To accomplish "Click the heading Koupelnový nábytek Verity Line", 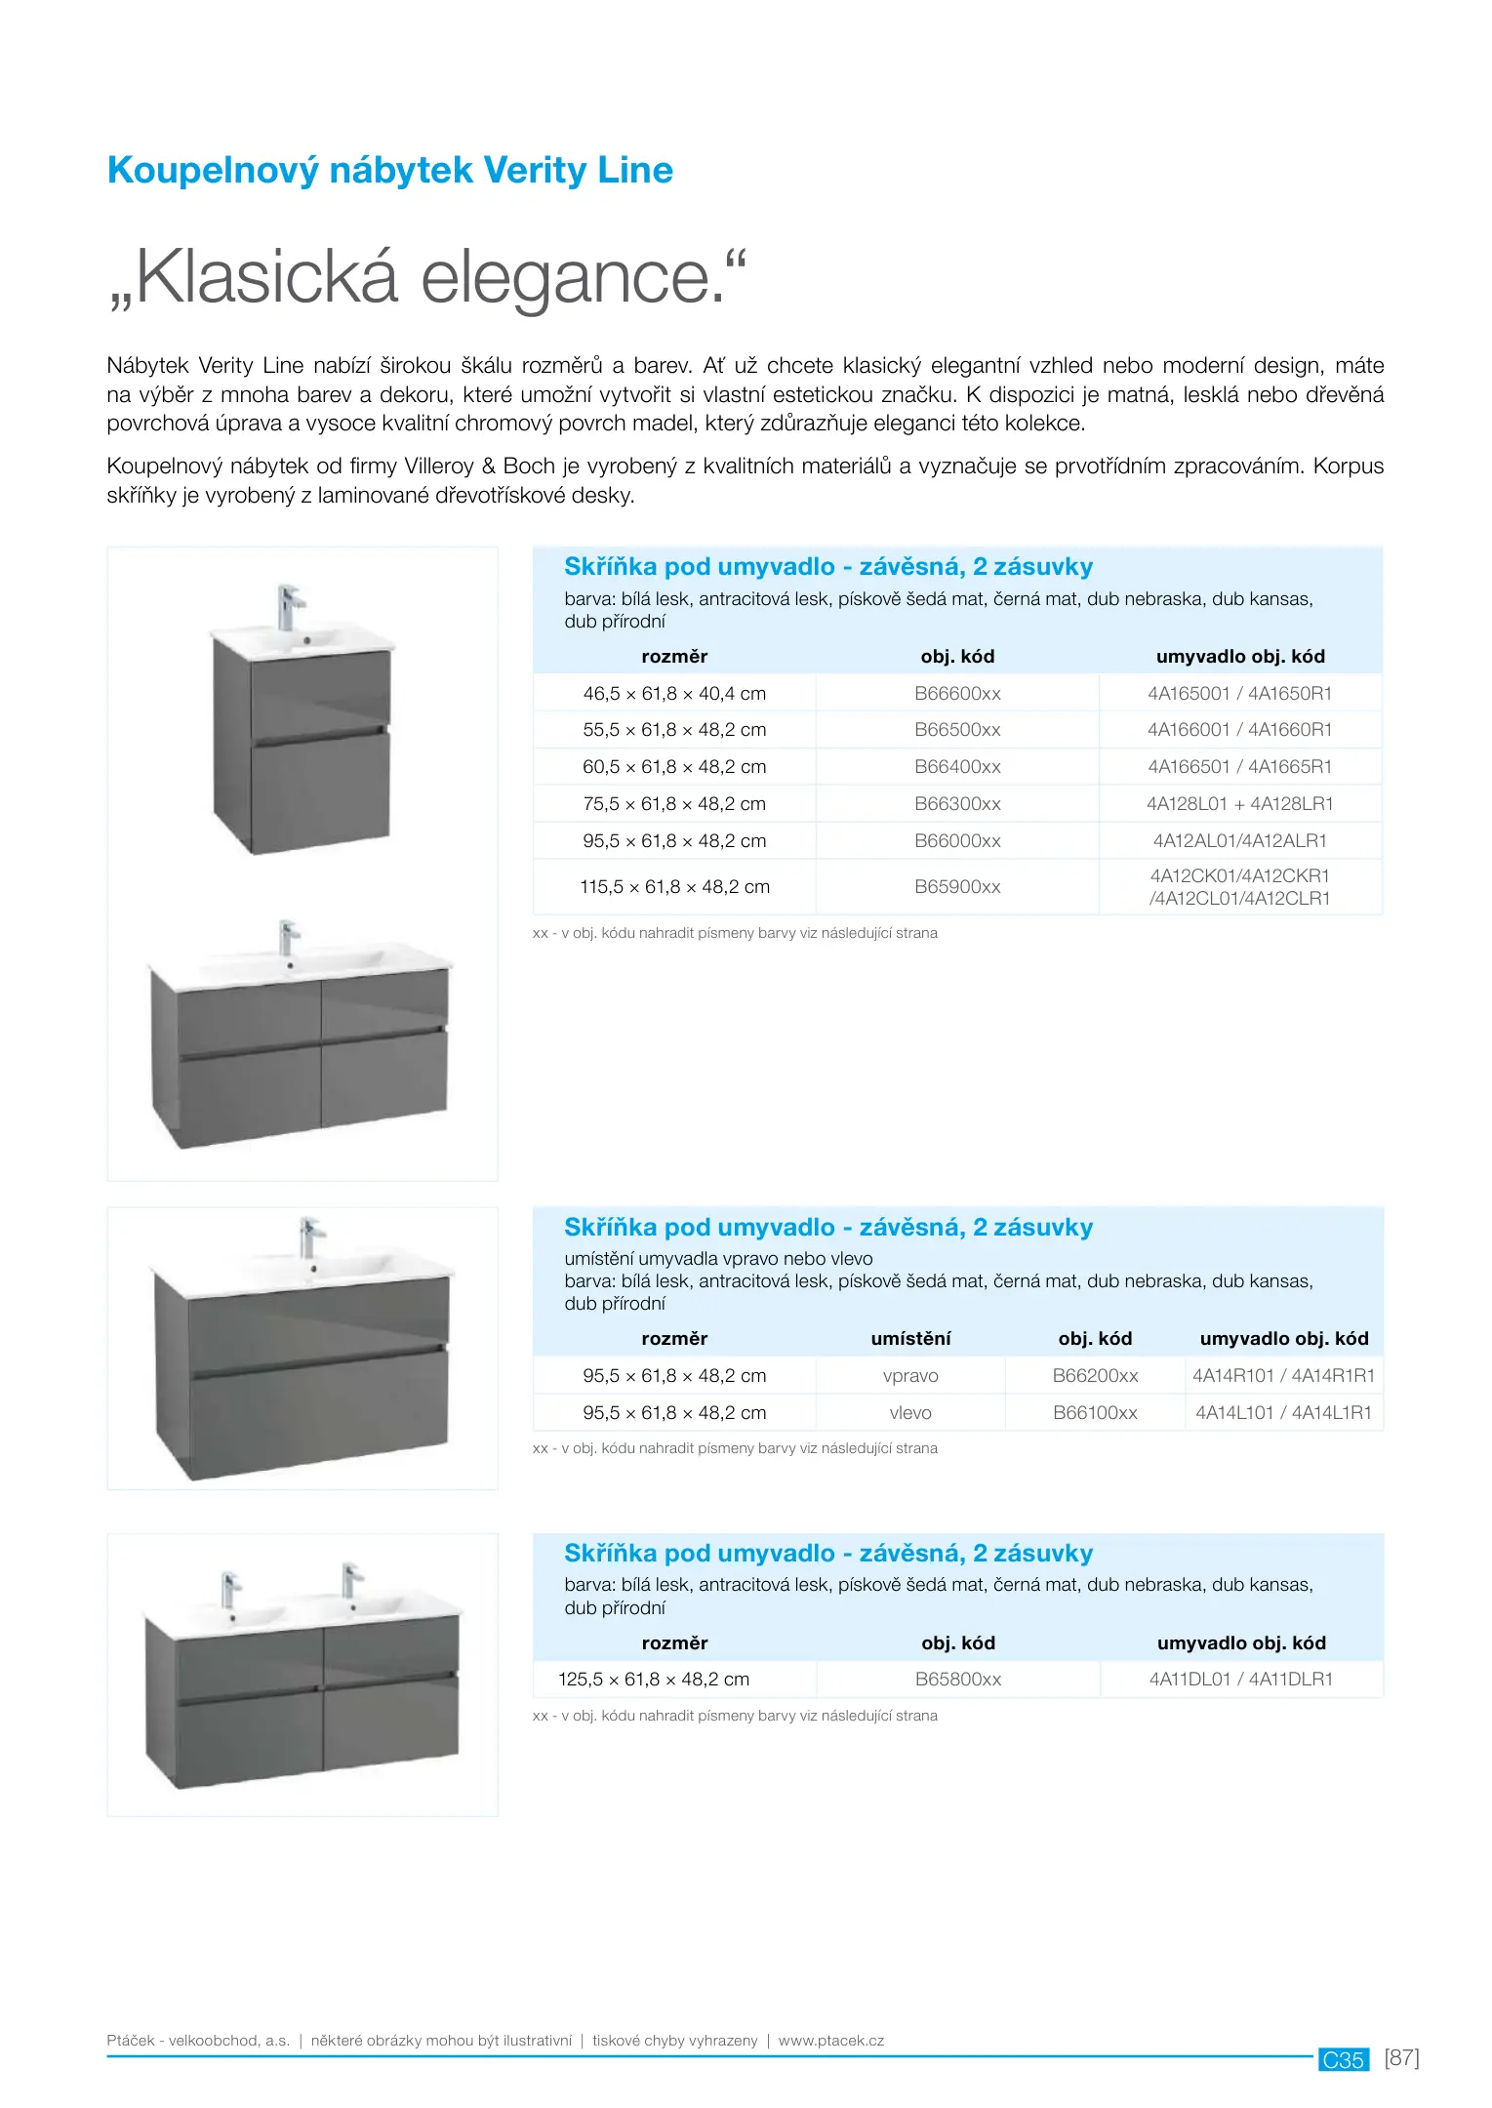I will pyautogui.click(x=389, y=170).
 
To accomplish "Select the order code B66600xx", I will pyautogui.click(x=957, y=694).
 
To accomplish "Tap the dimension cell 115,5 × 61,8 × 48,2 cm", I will pyautogui.click(x=674, y=887).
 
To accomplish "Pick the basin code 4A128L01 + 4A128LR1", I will pyautogui.click(x=1239, y=804).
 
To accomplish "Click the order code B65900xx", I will pyautogui.click(x=957, y=887).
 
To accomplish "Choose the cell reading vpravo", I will pyautogui.click(x=909, y=1376).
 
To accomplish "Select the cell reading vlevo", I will pyautogui.click(x=909, y=1413).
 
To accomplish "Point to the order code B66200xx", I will pyautogui.click(x=1095, y=1376).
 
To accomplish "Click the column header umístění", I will pyautogui.click(x=909, y=1339).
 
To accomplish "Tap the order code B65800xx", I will pyautogui.click(x=957, y=1680).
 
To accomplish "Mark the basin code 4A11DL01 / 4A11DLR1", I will pyautogui.click(x=1240, y=1680).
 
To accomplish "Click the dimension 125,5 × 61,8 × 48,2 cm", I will pyautogui.click(x=654, y=1680).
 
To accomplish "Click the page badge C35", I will pyautogui.click(x=1343, y=2059).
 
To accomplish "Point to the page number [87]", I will pyautogui.click(x=1401, y=2057).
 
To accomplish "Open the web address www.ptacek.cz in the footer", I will pyautogui.click(x=830, y=2041).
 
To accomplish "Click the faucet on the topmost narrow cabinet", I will pyautogui.click(x=288, y=606).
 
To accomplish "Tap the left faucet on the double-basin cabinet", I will pyautogui.click(x=230, y=1589).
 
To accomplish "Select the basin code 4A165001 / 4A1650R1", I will pyautogui.click(x=1239, y=694).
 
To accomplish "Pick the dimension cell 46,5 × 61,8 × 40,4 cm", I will pyautogui.click(x=674, y=694).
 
